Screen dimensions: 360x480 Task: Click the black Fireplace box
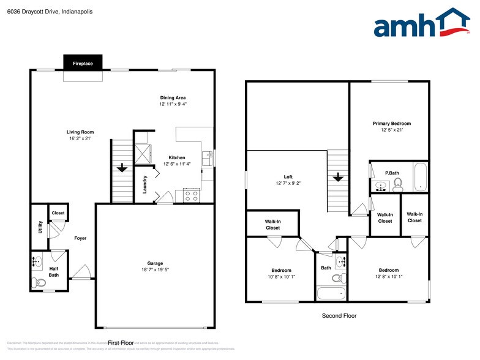[x=83, y=63]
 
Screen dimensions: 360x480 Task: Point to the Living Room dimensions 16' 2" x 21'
[x=80, y=139]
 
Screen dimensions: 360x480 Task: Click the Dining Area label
[x=173, y=97]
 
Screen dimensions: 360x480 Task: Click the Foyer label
[x=80, y=238]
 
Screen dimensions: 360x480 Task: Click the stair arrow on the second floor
[x=337, y=179]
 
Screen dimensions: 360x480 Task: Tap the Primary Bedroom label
[x=392, y=123]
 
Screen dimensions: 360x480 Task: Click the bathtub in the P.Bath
[x=420, y=176]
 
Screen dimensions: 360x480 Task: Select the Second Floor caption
[x=339, y=316]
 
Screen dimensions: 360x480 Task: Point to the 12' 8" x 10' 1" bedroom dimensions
[x=388, y=277]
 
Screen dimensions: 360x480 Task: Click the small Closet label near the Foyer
[x=58, y=213]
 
